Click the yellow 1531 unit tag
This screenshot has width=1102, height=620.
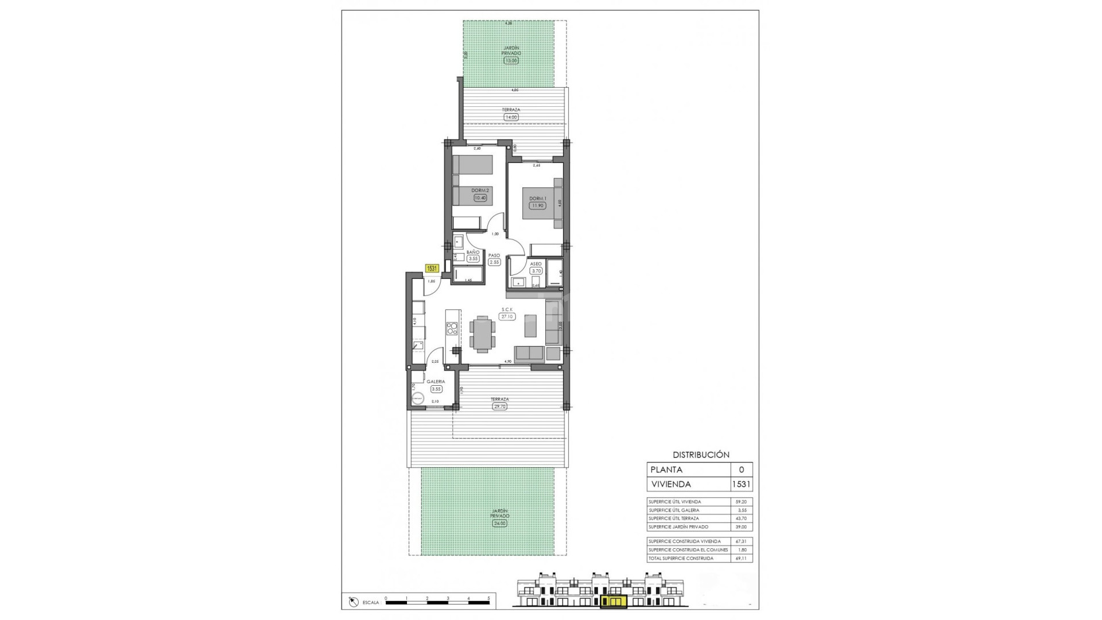coord(432,268)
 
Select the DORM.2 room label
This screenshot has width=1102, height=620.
coord(480,191)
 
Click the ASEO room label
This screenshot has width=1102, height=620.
coord(536,264)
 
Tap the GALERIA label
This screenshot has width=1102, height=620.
coord(436,381)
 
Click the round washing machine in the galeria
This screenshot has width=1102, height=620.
coord(418,398)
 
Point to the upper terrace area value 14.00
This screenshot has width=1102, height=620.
coord(510,117)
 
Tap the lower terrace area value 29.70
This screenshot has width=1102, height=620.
coord(499,406)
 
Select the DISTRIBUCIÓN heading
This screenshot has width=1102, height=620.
coord(701,455)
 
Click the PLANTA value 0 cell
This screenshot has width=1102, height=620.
coord(741,470)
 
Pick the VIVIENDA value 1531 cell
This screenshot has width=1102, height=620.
coord(741,484)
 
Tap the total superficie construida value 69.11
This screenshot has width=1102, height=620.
coord(741,558)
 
